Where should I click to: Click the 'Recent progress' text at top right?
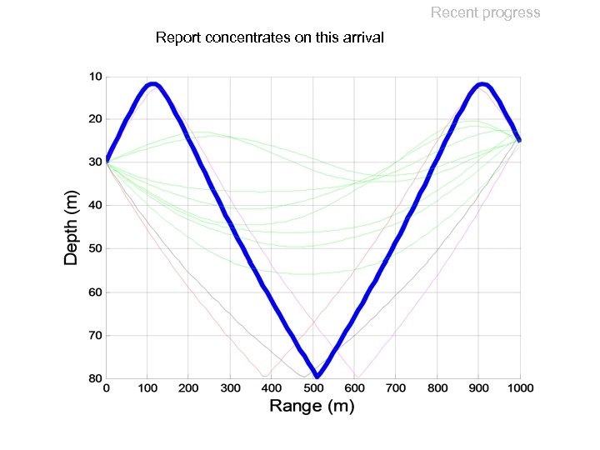pyautogui.click(x=485, y=12)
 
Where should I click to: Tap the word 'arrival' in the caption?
pyautogui.click(x=361, y=37)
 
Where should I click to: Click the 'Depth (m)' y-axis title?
pyautogui.click(x=72, y=227)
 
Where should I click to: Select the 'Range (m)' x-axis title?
pyautogui.click(x=312, y=407)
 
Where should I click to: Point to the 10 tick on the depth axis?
pyautogui.click(x=96, y=77)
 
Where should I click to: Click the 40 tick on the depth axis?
pyautogui.click(x=96, y=206)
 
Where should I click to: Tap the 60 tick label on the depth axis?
pyautogui.click(x=96, y=292)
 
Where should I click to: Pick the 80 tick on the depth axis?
pyautogui.click(x=96, y=378)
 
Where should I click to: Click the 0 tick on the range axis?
pyautogui.click(x=106, y=388)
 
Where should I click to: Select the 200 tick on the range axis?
pyautogui.click(x=188, y=388)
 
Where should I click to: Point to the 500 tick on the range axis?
pyautogui.click(x=313, y=388)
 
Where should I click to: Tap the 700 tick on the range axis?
pyautogui.click(x=396, y=388)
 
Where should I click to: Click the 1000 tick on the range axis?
pyautogui.click(x=520, y=388)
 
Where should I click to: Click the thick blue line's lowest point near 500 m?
pyautogui.click(x=317, y=376)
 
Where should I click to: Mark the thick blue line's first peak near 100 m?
pyautogui.click(x=152, y=84)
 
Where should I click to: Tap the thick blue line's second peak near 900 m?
pyautogui.click(x=482, y=84)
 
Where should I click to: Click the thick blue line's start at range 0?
pyautogui.click(x=107, y=158)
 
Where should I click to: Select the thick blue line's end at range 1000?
pyautogui.click(x=519, y=139)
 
